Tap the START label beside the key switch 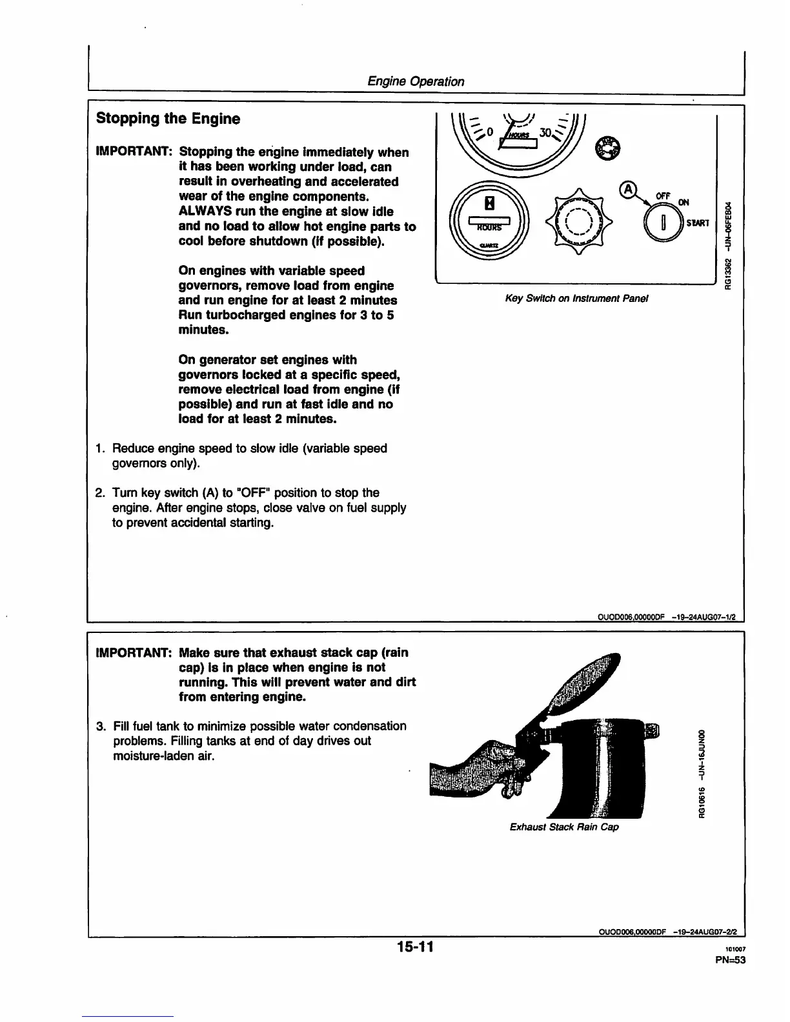coord(698,223)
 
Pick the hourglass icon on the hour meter coord(490,203)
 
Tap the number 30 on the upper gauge coord(545,133)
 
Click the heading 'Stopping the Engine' coord(168,119)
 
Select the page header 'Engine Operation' coord(415,81)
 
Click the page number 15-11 coord(415,947)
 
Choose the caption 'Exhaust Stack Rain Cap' coord(563,827)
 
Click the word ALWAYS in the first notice coord(208,212)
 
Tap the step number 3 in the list coord(100,726)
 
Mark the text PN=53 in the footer coord(730,959)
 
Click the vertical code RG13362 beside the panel coord(728,274)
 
